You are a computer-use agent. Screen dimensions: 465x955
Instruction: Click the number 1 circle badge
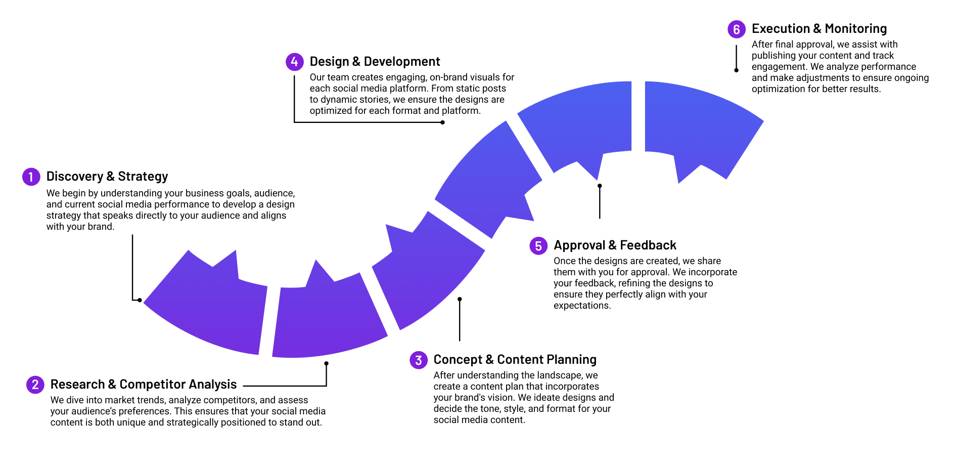31,177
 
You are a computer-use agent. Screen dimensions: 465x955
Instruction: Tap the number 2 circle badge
35,385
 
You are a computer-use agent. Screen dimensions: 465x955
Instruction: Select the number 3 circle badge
418,360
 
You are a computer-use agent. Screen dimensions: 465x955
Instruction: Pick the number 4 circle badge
294,62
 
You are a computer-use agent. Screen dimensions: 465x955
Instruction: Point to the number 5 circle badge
538,246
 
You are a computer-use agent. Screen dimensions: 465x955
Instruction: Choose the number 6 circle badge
736,29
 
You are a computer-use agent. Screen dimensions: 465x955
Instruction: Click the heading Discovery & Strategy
107,177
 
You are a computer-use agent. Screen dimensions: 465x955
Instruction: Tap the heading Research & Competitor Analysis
144,385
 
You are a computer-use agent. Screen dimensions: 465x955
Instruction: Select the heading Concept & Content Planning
515,360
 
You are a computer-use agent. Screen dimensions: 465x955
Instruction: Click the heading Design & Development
375,62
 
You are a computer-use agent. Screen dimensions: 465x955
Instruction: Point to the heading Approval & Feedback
615,245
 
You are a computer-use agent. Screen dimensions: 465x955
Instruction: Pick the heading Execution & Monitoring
819,29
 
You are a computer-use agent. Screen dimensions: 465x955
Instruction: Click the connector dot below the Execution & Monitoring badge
736,70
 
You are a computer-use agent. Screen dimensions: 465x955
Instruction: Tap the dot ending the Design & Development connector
442,122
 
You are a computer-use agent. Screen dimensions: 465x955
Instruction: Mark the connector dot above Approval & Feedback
600,186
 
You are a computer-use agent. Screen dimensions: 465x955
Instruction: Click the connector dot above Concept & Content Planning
460,299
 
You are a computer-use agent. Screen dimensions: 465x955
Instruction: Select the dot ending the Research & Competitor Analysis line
326,363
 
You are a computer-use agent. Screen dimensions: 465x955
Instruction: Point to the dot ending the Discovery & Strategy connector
140,300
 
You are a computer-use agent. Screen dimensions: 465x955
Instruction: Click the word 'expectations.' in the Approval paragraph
582,306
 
